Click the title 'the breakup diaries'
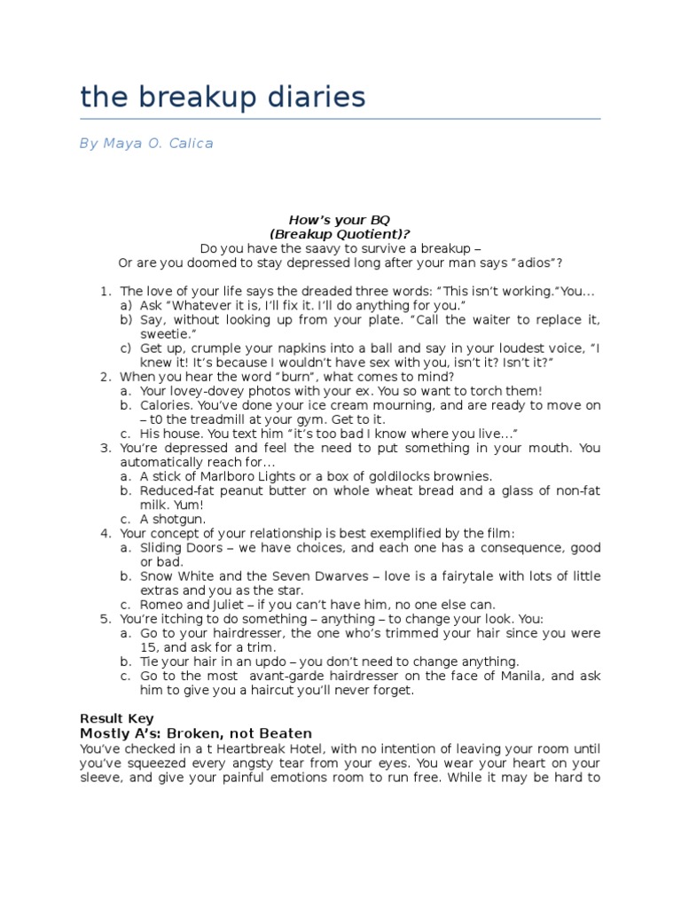[223, 97]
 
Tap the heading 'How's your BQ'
[340, 219]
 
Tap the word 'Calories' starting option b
[168, 405]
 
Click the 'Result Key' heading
[116, 718]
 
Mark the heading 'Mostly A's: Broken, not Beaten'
[196, 733]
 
